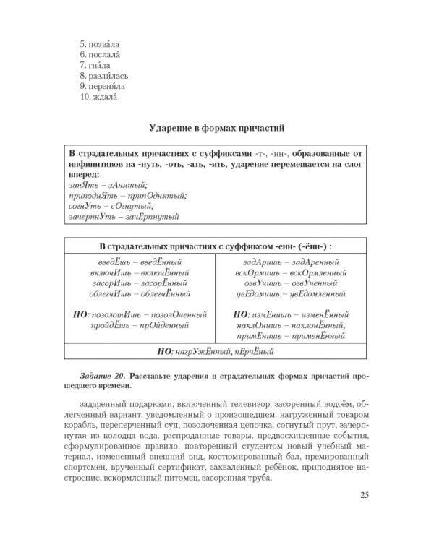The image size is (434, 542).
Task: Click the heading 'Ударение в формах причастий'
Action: tap(217, 129)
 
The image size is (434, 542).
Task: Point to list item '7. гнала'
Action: tap(95, 66)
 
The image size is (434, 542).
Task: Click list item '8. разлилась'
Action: tap(104, 76)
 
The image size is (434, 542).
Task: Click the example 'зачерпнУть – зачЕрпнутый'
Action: tap(124, 215)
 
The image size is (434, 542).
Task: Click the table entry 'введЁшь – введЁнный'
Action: tap(140, 262)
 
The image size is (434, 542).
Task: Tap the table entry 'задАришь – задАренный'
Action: tap(291, 262)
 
